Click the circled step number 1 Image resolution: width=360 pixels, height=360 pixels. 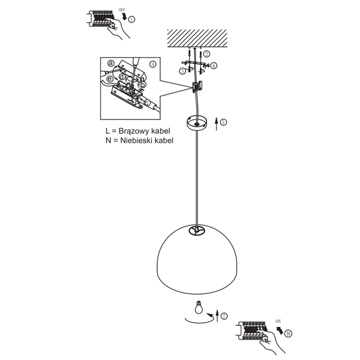click(131, 20)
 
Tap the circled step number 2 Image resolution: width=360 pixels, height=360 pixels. click(206, 54)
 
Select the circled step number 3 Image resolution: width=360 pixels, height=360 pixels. click(182, 71)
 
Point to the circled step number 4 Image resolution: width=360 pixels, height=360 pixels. click(152, 64)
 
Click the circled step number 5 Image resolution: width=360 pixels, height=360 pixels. click(223, 122)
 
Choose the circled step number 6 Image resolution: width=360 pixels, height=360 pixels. click(214, 65)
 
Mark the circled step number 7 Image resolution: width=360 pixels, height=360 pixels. click(224, 316)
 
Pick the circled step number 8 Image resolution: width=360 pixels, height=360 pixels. click(288, 333)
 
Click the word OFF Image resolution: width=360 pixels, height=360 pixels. click(122, 10)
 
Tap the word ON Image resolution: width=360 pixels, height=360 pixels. click(278, 322)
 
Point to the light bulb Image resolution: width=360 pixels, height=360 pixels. click(199, 307)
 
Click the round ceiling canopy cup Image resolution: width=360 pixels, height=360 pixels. click(196, 124)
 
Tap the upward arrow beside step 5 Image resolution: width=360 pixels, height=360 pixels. click(216, 124)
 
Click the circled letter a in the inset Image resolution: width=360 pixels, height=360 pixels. click(111, 63)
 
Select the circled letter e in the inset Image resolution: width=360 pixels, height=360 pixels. click(110, 79)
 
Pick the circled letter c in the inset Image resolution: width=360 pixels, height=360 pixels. click(147, 102)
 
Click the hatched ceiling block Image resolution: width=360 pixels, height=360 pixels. click(197, 38)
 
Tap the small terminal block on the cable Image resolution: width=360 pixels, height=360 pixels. click(197, 86)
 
